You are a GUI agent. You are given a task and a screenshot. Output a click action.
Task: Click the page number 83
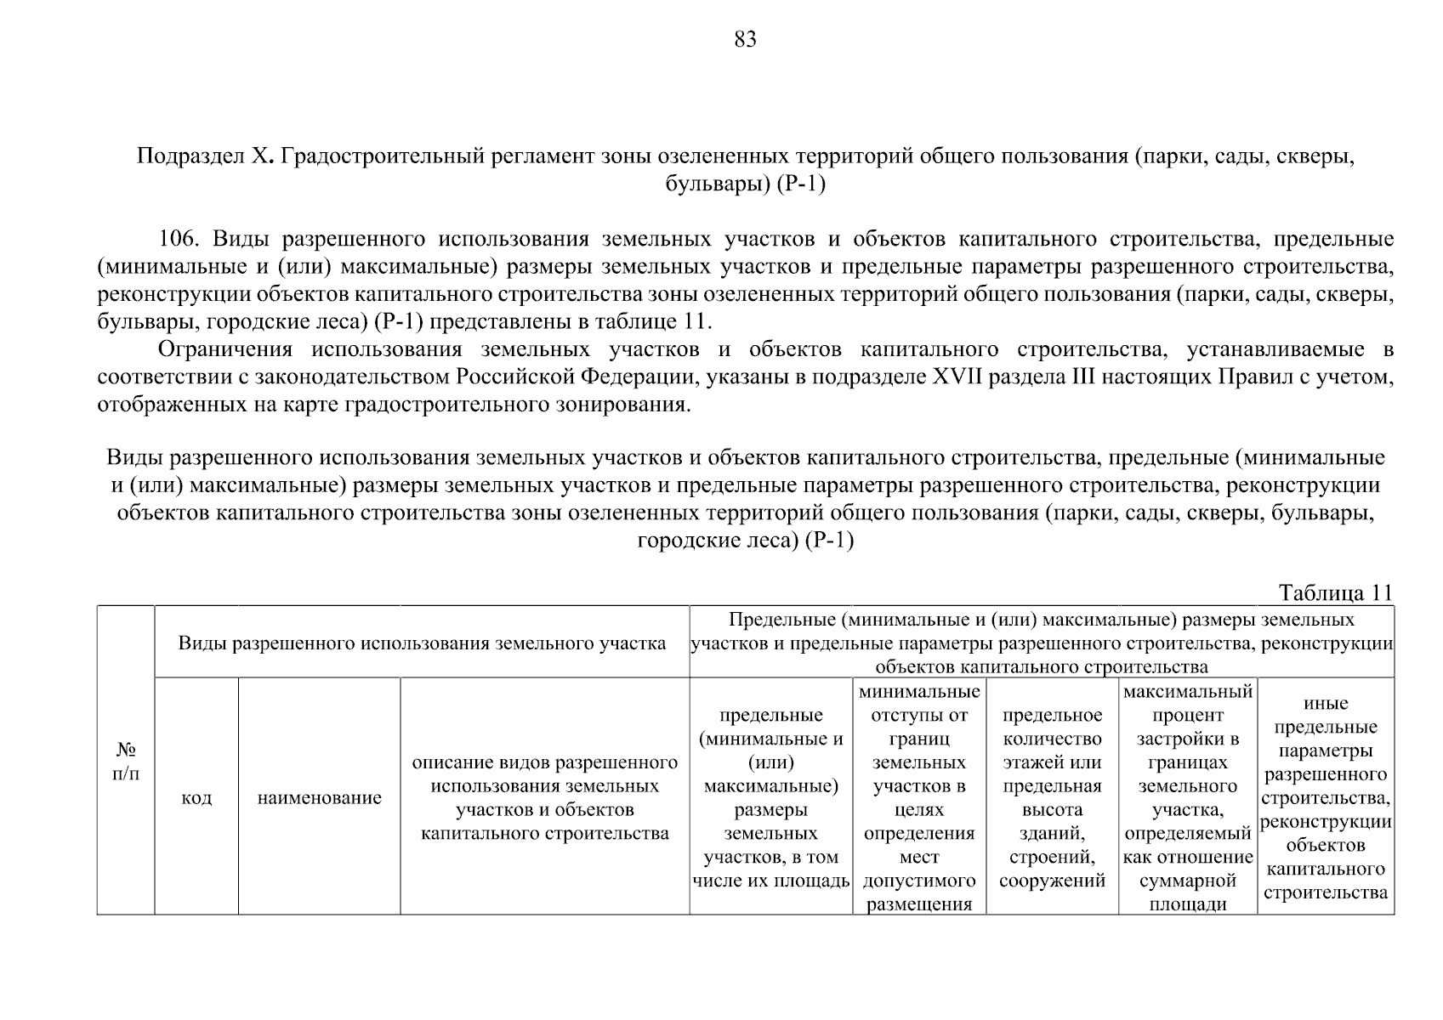pos(744,39)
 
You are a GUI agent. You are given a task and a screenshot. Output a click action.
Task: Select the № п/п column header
pos(126,762)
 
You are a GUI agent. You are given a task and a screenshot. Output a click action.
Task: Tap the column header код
pos(196,798)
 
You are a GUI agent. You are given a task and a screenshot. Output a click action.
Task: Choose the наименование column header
pos(319,798)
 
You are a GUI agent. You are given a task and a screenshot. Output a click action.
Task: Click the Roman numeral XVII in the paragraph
pos(958,377)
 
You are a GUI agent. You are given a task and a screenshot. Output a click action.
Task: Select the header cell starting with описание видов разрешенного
pos(545,797)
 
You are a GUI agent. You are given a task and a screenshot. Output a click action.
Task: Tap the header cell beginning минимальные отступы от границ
pos(919,797)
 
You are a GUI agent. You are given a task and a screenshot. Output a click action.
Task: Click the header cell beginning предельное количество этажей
pos(1052,797)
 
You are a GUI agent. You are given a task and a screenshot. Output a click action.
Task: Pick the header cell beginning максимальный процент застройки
pos(1187,797)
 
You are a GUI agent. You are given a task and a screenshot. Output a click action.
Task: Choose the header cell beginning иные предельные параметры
pos(1326,797)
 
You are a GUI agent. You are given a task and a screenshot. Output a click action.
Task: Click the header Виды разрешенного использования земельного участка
pos(422,643)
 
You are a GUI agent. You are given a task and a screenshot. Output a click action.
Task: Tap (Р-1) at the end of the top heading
pos(801,184)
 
